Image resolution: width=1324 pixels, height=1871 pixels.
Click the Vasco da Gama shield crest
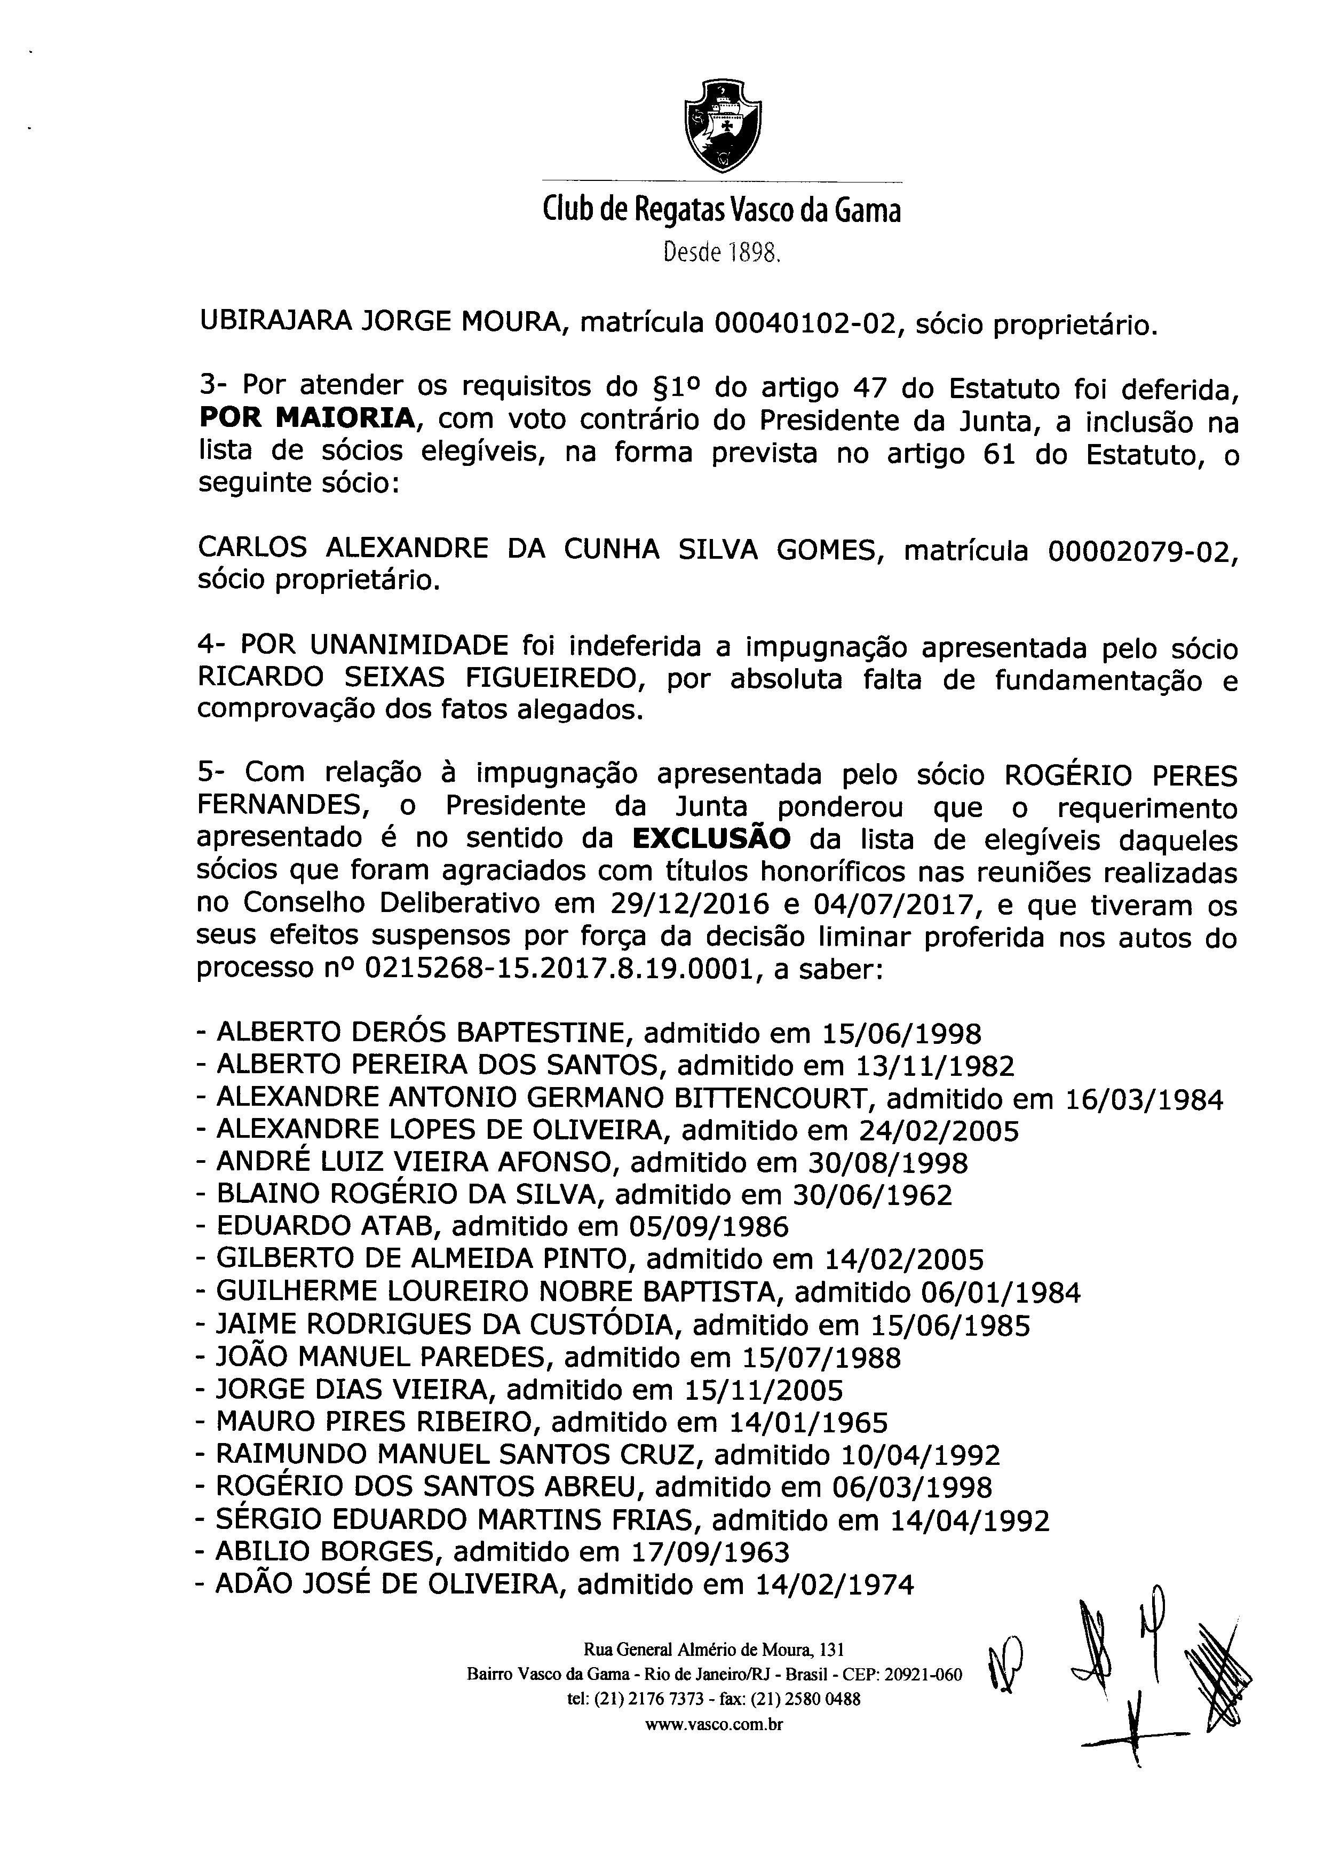(722, 126)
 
